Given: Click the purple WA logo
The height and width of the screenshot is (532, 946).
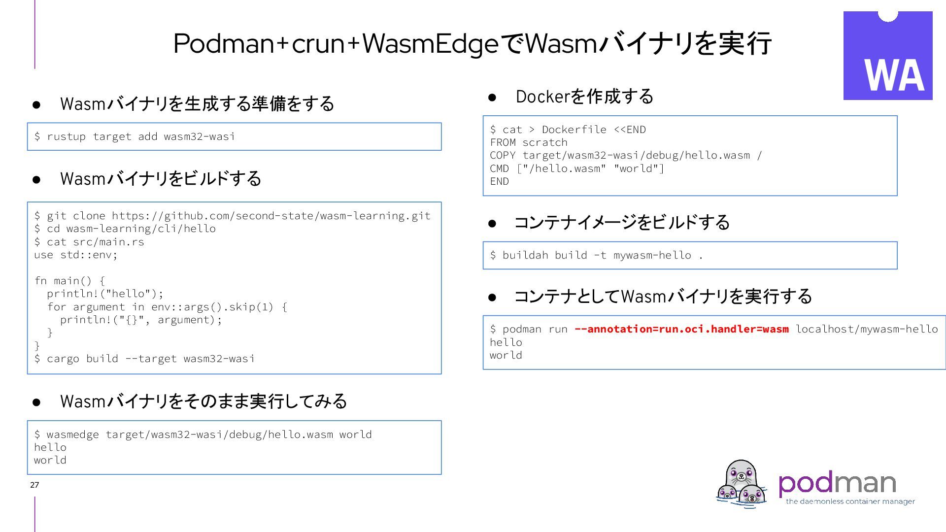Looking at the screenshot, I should coord(887,56).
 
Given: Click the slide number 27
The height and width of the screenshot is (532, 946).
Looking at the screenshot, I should coord(34,485).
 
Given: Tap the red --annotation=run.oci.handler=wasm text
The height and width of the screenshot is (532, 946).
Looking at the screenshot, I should coord(681,329).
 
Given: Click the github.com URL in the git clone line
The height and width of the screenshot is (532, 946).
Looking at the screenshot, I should coord(271,216).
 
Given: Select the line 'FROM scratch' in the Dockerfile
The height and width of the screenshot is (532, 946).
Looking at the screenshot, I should coord(529,142).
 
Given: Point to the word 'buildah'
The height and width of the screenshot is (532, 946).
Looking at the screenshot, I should coord(525,255).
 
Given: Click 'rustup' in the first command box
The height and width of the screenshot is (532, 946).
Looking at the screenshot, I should coord(66,136).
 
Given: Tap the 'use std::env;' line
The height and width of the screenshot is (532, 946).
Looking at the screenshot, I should coord(76,255).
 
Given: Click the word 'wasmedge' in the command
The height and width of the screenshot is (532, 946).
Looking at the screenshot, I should coord(72,434).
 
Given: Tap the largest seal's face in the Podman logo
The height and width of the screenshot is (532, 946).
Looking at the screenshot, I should coord(741,475).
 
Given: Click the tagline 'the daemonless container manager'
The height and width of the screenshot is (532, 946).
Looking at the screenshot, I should coord(850,501).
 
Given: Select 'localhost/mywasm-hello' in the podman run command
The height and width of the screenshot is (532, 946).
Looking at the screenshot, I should coord(867,329).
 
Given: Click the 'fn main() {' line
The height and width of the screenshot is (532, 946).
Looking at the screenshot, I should coord(69,281).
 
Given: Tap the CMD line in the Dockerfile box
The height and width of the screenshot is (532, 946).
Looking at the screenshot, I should coord(576,168).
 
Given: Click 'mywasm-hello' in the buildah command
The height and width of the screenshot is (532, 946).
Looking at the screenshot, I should coord(652,255).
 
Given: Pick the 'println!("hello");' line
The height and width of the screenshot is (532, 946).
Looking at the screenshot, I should coord(104,294).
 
